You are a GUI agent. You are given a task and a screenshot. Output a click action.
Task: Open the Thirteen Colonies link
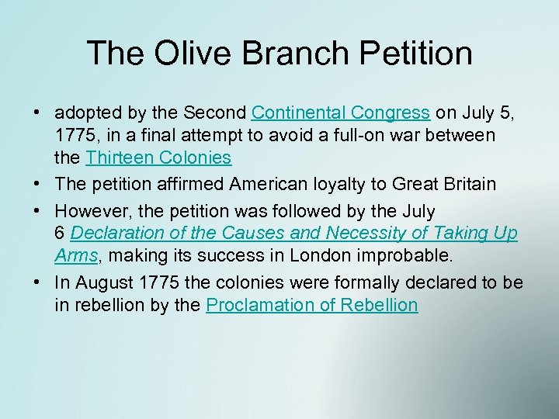click(158, 158)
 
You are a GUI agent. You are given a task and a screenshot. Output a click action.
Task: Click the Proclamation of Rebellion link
click(312, 305)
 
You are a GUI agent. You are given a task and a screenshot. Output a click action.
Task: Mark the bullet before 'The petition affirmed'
click(37, 184)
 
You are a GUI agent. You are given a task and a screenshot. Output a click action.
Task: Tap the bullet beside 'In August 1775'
click(37, 282)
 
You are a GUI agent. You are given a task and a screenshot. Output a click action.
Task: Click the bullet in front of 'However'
click(37, 210)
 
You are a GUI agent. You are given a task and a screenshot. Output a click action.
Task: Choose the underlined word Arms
click(75, 255)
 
